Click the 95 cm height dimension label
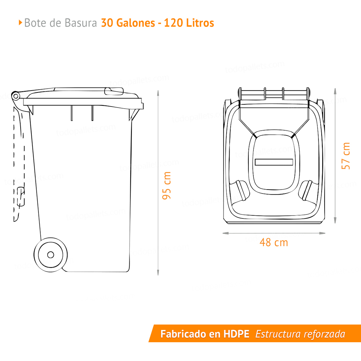(x=166, y=186)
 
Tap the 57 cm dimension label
(x=346, y=156)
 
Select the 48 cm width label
(x=274, y=242)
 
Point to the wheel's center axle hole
(x=51, y=255)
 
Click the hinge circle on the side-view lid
(x=16, y=96)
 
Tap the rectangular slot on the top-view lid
(x=273, y=162)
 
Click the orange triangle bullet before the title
(x=20, y=23)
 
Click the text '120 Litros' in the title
(x=189, y=23)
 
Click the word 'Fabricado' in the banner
(x=184, y=334)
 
